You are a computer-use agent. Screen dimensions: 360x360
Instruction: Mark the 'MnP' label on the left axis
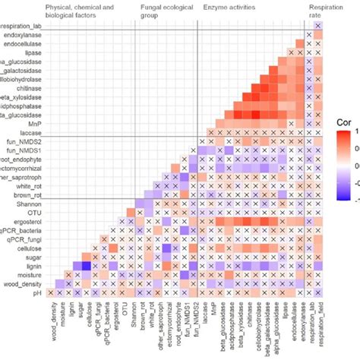click(33, 123)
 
